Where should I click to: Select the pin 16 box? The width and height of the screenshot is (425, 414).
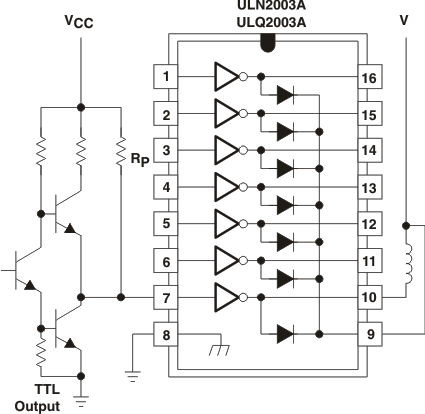tap(370, 76)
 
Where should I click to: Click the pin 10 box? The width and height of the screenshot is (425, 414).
tap(370, 298)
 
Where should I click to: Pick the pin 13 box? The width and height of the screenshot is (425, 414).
tap(370, 187)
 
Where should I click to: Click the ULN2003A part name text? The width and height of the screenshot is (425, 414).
tap(268, 4)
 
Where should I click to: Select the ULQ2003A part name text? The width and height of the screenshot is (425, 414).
tap(268, 21)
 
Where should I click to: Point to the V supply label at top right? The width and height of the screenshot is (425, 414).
tap(404, 17)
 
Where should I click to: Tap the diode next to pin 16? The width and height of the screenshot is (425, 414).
tap(286, 94)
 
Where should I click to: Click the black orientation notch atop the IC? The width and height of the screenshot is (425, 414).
tap(268, 41)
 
